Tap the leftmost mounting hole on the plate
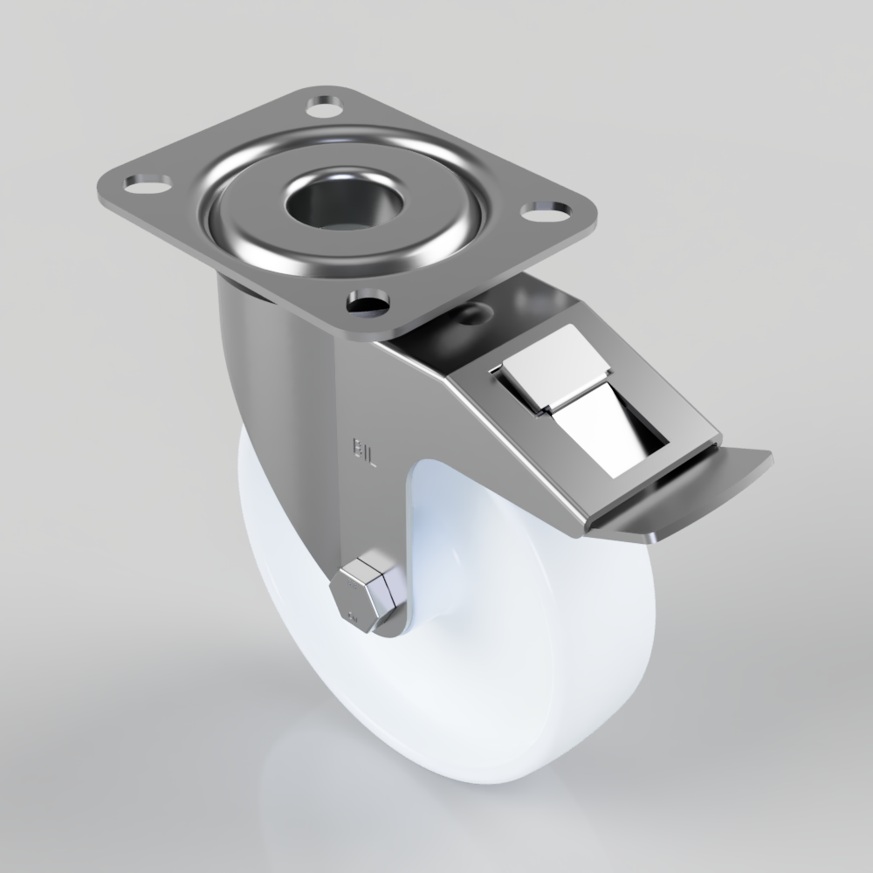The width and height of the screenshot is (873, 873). [x=148, y=183]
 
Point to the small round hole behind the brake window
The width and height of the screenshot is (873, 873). [x=473, y=312]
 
